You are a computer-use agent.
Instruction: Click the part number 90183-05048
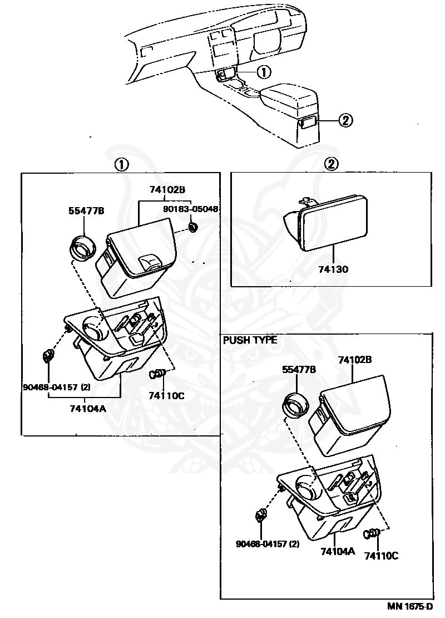coord(190,209)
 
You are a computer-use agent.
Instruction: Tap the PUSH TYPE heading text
coord(250,340)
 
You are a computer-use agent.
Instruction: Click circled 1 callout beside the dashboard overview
coord(264,72)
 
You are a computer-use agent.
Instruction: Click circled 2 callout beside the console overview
coord(345,120)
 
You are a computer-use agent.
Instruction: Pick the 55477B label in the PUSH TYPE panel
coord(299,369)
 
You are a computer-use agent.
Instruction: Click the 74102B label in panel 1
coord(167,189)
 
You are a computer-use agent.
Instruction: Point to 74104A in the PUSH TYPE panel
coord(337,551)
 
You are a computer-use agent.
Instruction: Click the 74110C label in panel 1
coord(166,395)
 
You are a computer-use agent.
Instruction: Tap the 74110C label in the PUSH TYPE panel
coord(382,555)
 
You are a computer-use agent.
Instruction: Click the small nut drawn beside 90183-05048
coord(194,227)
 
